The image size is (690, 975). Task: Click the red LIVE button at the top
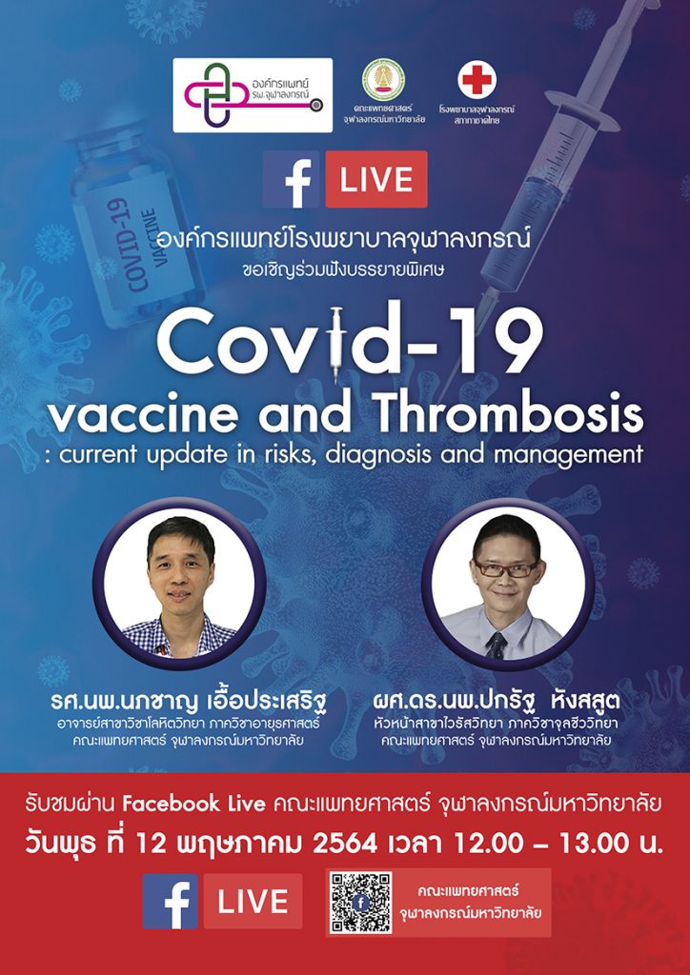pyautogui.click(x=376, y=179)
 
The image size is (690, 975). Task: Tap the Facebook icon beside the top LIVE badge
pyautogui.click(x=292, y=179)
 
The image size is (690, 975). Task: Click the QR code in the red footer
pyautogui.click(x=361, y=903)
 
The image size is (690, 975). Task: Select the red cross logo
pyautogui.click(x=477, y=80)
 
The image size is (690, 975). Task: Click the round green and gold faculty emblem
pyautogui.click(x=384, y=79)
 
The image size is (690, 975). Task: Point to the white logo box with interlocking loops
pyautogui.click(x=253, y=95)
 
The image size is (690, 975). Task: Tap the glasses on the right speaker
pyautogui.click(x=506, y=567)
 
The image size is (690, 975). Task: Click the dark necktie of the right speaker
pyautogui.click(x=496, y=645)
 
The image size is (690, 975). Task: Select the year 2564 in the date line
pyautogui.click(x=345, y=844)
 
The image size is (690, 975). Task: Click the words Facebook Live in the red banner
pyautogui.click(x=194, y=804)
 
